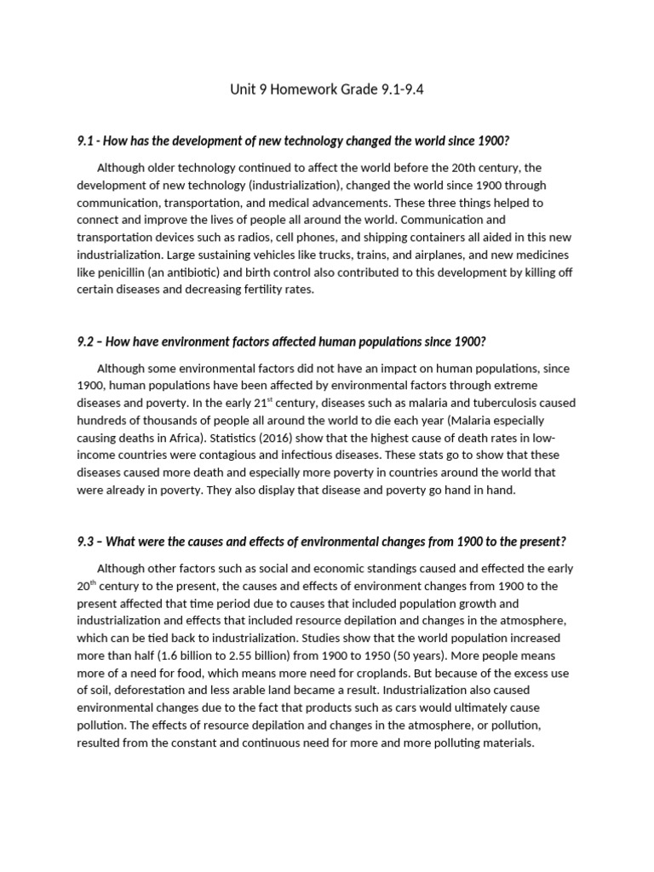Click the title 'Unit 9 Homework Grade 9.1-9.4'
pyautogui.click(x=326, y=90)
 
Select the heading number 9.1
pyautogui.click(x=86, y=141)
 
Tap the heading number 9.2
pyautogui.click(x=86, y=341)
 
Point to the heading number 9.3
pyautogui.click(x=86, y=542)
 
